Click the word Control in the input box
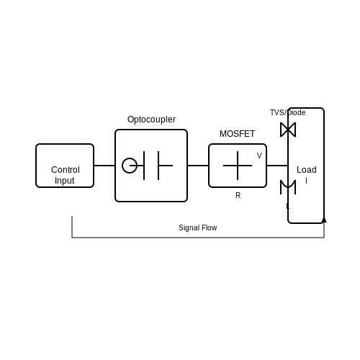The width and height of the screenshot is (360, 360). click(66, 170)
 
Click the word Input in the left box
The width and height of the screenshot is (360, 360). click(64, 181)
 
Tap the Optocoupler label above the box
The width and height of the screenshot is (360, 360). click(151, 120)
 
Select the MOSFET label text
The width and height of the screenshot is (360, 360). click(237, 134)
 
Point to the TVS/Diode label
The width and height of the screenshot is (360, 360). click(288, 112)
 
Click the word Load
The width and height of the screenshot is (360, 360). click(307, 170)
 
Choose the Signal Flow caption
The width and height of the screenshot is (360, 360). click(198, 228)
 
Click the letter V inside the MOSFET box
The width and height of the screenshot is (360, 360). click(259, 156)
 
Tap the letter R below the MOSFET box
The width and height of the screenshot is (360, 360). click(238, 195)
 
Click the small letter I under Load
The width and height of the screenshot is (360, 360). click(306, 181)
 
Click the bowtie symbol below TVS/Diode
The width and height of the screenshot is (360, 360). click(288, 130)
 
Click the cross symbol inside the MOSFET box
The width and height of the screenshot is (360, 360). click(238, 166)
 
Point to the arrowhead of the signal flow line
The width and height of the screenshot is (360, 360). click(324, 220)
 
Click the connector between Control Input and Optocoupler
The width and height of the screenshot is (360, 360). click(104, 166)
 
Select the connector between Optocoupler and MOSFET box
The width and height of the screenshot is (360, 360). click(198, 166)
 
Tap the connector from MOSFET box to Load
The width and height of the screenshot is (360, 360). click(277, 166)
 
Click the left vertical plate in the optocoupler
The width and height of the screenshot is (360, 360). click(144, 166)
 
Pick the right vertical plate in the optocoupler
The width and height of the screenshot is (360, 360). click(158, 166)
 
